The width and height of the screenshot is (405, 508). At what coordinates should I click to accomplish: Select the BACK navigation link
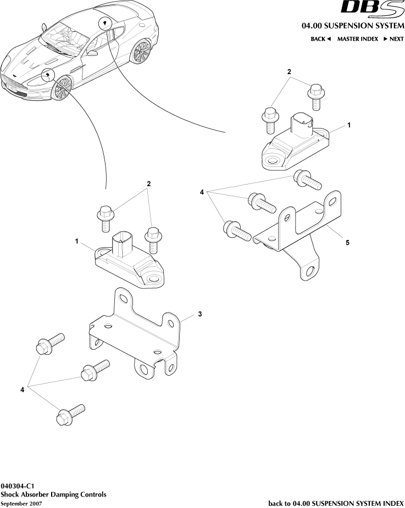pyautogui.click(x=320, y=39)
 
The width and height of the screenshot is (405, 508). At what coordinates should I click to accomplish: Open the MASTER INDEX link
pyautogui.click(x=357, y=39)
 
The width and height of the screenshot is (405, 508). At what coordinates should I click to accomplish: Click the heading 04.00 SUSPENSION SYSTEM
pyautogui.click(x=352, y=26)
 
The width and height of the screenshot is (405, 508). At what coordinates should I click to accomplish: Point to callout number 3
pyautogui.click(x=200, y=314)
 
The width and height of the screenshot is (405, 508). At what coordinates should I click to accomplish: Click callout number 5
pyautogui.click(x=347, y=242)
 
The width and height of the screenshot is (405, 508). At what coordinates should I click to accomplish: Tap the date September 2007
pyautogui.click(x=21, y=503)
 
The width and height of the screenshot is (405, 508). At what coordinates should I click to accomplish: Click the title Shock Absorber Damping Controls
pyautogui.click(x=53, y=494)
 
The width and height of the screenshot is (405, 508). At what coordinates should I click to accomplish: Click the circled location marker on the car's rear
pyautogui.click(x=103, y=23)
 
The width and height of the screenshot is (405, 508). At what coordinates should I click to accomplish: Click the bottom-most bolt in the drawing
pyautogui.click(x=68, y=415)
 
